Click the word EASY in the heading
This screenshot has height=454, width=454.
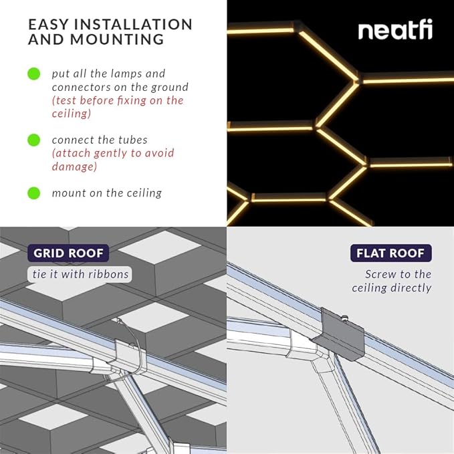(x=49, y=25)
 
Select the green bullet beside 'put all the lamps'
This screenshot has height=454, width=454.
(x=34, y=74)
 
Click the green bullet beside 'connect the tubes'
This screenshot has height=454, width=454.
(x=34, y=140)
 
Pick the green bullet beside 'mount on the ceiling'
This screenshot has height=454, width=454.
(x=34, y=193)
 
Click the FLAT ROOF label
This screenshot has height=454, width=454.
(x=391, y=253)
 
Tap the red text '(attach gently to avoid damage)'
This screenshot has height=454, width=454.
(x=112, y=160)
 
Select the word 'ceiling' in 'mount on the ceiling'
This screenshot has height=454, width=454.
(x=142, y=193)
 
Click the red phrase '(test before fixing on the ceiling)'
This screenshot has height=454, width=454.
(x=117, y=107)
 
